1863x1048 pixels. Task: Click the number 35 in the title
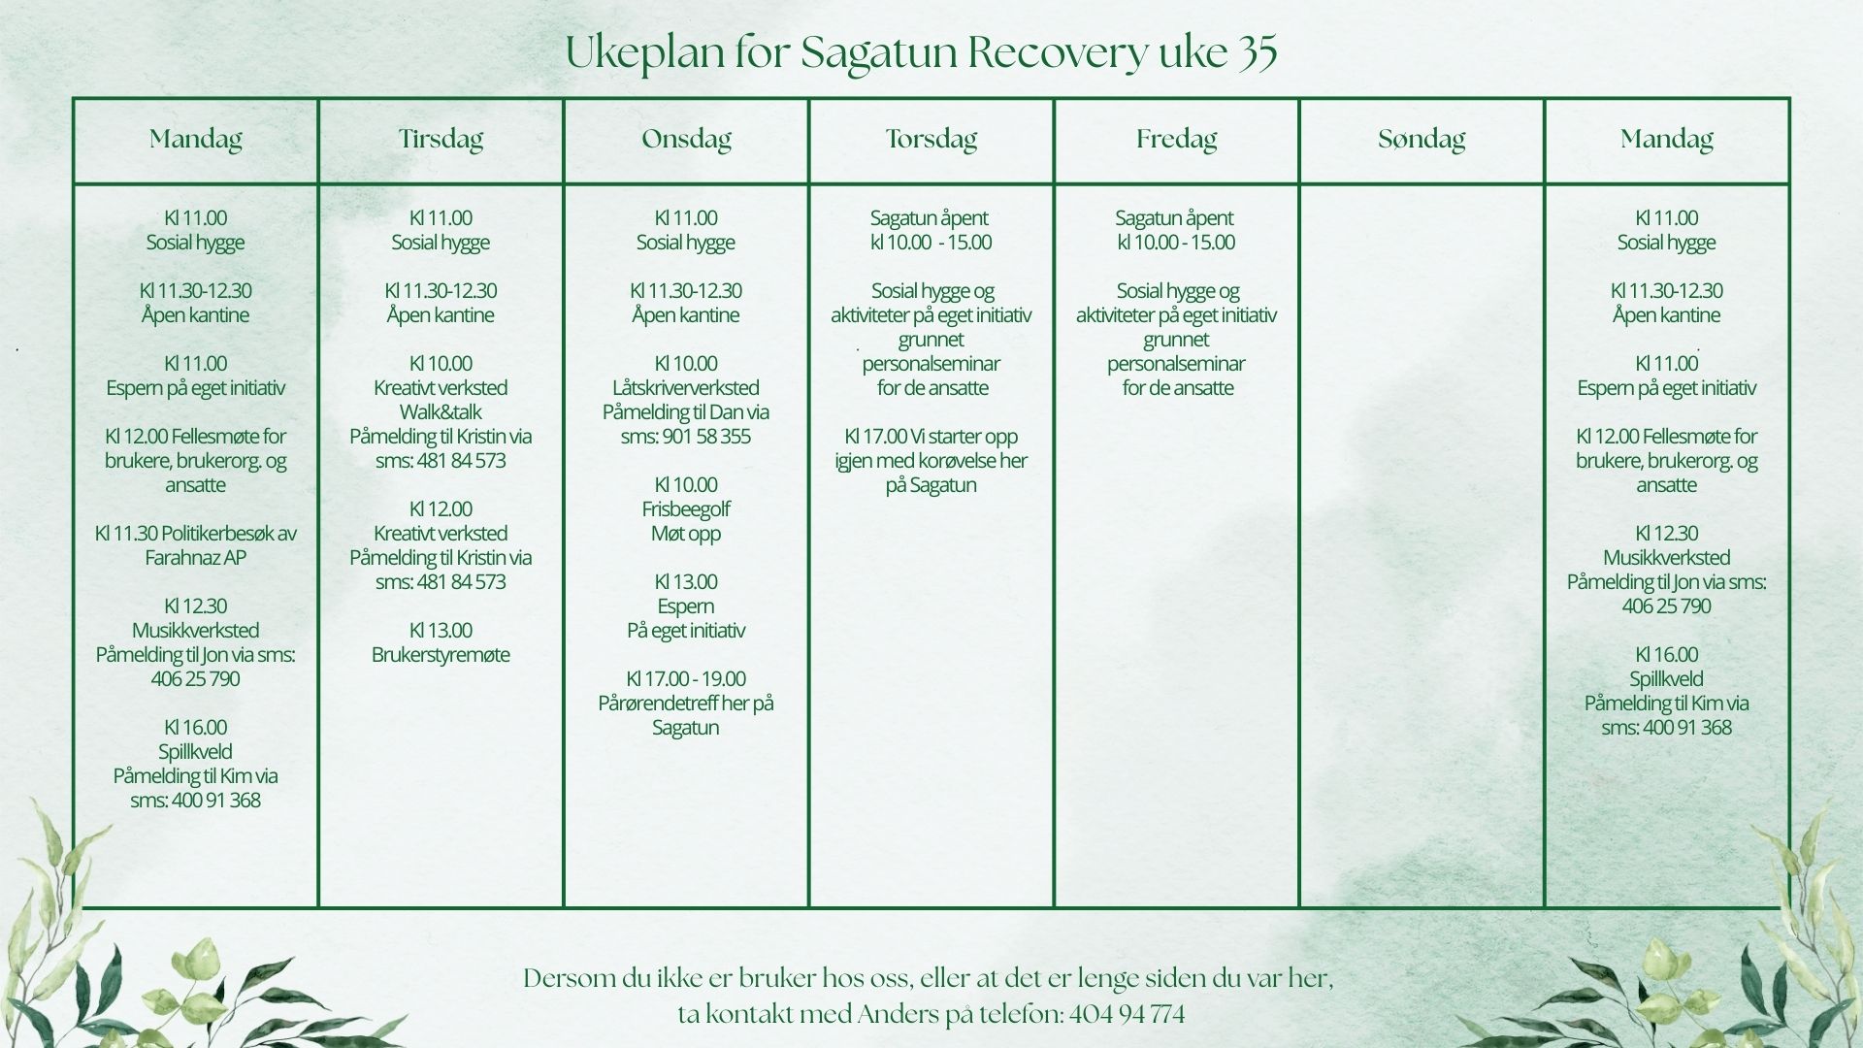tap(1258, 52)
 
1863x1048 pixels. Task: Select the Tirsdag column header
tap(441, 140)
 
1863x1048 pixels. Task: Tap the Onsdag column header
tap(686, 140)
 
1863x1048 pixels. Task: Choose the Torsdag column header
tap(931, 140)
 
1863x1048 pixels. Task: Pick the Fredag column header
tap(1177, 140)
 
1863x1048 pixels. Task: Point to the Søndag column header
tap(1422, 140)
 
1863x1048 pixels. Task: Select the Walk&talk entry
tap(441, 412)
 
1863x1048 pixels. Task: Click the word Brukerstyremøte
tap(441, 655)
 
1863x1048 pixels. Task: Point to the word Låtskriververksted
tap(686, 388)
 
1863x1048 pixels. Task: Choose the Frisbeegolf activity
tap(686, 509)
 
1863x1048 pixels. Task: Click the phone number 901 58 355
tap(707, 437)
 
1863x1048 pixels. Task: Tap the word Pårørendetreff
tap(657, 704)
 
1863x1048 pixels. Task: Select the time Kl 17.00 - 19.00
tap(686, 679)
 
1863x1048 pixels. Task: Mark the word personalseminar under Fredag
tap(1176, 364)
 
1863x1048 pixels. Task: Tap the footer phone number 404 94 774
tap(1127, 1015)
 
